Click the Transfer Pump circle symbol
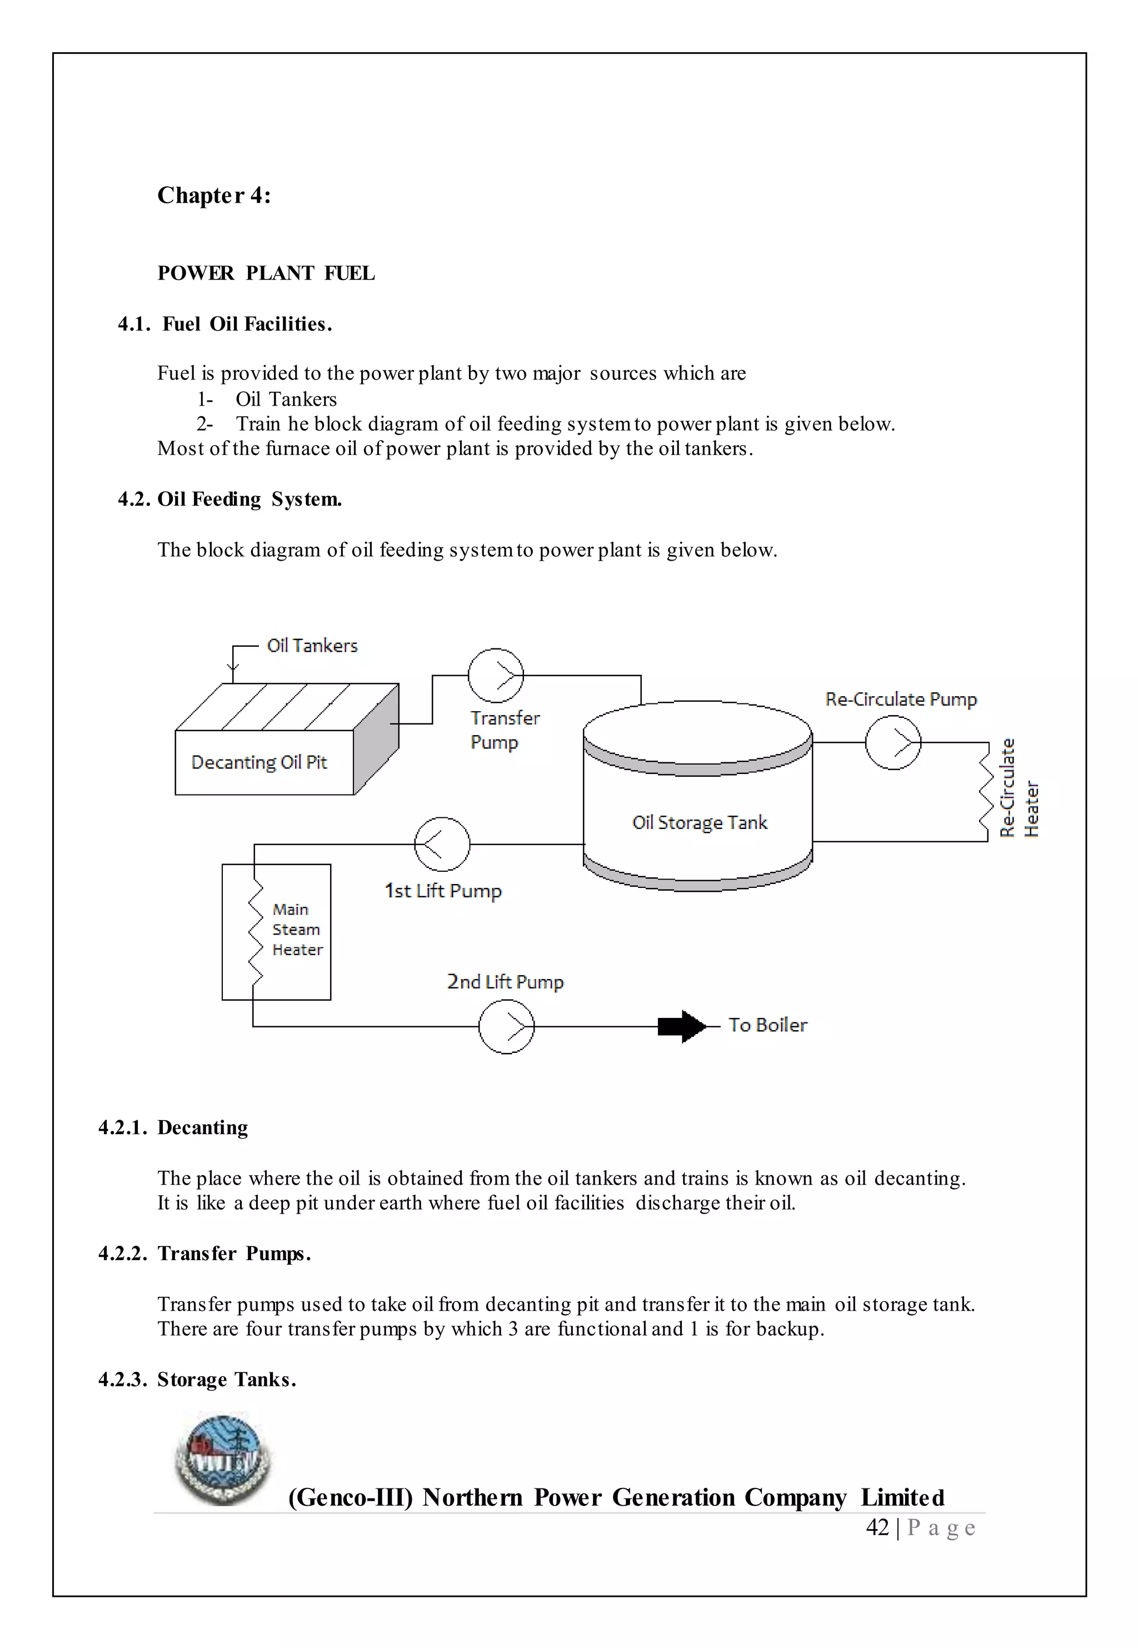point(496,675)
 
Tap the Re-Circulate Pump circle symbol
point(893,743)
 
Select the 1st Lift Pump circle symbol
point(442,844)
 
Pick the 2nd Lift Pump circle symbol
point(506,1026)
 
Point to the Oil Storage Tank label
point(700,822)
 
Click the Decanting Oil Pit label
point(259,763)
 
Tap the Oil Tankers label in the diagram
point(312,646)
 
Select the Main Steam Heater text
point(297,930)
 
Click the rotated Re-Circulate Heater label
point(1019,788)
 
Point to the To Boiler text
point(767,1025)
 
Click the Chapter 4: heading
point(214,196)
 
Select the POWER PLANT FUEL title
point(266,273)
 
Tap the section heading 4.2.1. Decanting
point(173,1128)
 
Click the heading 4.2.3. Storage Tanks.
point(197,1379)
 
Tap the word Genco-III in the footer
point(350,1497)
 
